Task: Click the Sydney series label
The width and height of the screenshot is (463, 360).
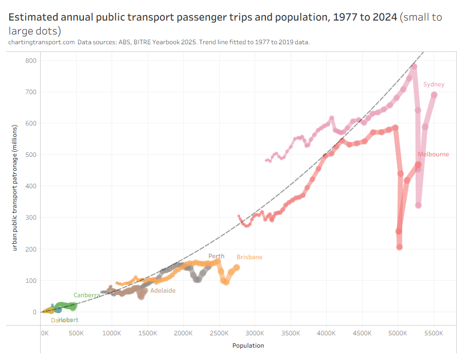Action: pos(434,84)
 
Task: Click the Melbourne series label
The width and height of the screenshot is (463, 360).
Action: pos(433,154)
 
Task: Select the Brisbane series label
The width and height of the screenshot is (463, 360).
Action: pos(250,257)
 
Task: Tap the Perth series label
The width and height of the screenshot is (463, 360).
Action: pos(216,256)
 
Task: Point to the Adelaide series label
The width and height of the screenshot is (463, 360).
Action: pos(163,291)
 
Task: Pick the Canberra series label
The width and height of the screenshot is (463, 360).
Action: pos(86,295)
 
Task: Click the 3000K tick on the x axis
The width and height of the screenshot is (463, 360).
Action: pos(255,333)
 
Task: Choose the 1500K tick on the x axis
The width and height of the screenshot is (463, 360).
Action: pos(148,333)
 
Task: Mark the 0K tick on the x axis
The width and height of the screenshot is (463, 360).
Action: pos(44,333)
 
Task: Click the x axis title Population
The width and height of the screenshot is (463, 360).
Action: pos(248,346)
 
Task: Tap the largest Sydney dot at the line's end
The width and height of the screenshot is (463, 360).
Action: pos(434,95)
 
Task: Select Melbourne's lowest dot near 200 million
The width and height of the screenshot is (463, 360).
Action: pos(399,247)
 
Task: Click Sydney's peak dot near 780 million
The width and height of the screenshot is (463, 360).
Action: pos(414,67)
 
